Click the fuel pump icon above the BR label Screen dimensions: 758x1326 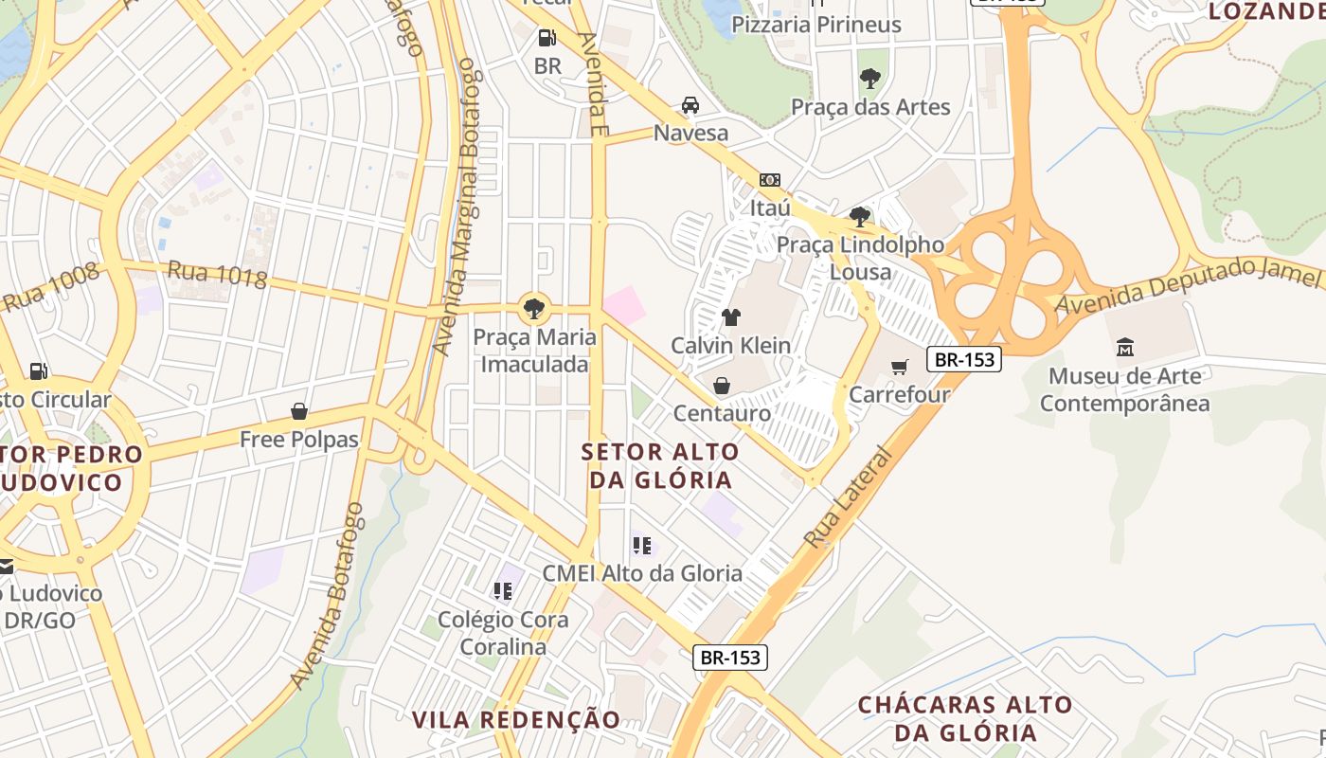click(547, 38)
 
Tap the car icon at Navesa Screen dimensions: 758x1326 click(690, 105)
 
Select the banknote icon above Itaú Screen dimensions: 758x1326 click(770, 179)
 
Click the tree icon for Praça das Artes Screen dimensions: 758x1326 click(869, 79)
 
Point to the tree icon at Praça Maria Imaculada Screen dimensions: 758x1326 click(534, 308)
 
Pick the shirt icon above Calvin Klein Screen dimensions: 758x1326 click(730, 317)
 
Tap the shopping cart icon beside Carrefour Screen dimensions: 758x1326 click(900, 367)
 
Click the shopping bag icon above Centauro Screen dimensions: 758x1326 click(722, 386)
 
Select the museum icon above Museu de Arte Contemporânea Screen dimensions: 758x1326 click(1125, 348)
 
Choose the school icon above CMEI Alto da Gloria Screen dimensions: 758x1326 click(642, 546)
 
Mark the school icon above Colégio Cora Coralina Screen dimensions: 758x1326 click(503, 592)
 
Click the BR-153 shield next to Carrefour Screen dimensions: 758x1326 click(964, 360)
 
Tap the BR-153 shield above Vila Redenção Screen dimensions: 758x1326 click(730, 658)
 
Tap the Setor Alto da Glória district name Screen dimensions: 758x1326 click(661, 465)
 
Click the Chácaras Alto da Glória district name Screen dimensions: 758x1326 click(965, 719)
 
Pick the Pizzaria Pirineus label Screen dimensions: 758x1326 click(816, 25)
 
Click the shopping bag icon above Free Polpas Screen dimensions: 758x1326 click(299, 411)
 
